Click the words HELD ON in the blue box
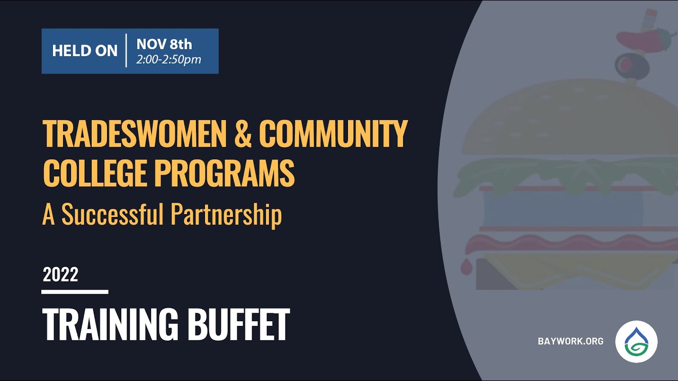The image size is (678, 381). [85, 51]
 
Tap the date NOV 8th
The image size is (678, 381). [164, 43]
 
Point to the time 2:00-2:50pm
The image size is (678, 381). [168, 59]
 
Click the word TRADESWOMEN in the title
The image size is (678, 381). [135, 134]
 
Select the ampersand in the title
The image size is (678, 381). [243, 134]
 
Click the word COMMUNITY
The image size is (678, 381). [333, 134]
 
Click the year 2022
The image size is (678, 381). [60, 275]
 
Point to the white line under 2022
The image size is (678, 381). [75, 292]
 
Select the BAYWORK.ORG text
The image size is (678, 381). [570, 341]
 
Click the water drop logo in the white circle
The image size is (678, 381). [636, 341]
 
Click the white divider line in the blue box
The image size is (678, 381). [127, 51]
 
